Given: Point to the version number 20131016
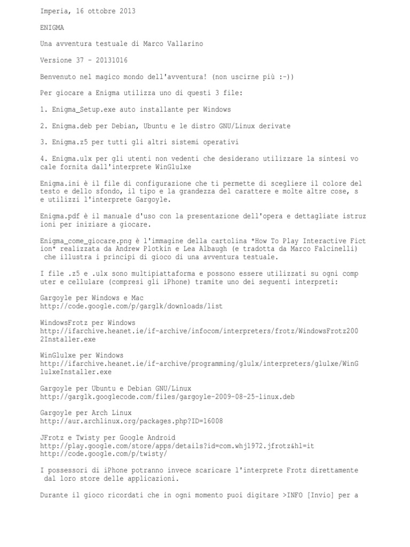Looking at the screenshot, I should (109, 60).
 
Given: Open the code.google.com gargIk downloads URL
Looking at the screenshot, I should (131, 306).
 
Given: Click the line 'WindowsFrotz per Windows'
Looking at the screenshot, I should (88, 323).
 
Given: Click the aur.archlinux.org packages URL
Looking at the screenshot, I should (131, 421).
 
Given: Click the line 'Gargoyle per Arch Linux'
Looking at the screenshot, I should (86, 413).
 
